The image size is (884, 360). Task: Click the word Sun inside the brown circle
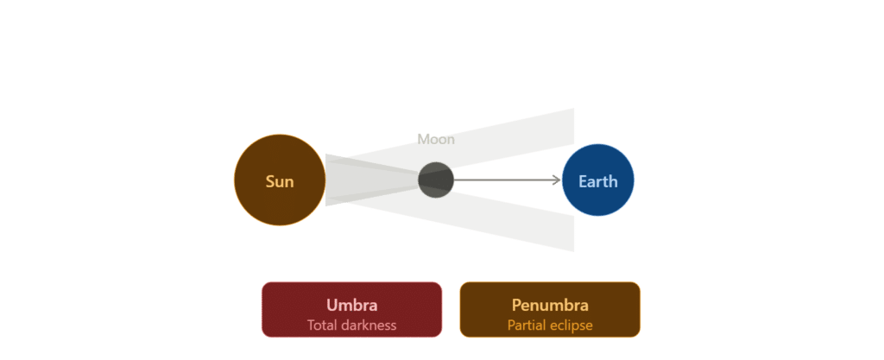coord(280,182)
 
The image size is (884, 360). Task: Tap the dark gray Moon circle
coord(436,180)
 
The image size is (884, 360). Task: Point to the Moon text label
coord(436,139)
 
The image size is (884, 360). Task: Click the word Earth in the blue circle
coord(598,181)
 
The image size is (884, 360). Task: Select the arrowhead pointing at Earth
coord(557,180)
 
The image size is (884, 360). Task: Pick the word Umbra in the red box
coord(352,305)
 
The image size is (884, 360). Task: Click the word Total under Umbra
coord(321,325)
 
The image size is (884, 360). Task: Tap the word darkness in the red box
coord(368,325)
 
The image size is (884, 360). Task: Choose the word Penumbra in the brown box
coord(550,305)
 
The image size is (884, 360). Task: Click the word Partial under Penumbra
coord(527,325)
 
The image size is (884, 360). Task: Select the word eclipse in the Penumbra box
coord(571,325)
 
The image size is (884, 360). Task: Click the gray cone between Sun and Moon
coord(366,180)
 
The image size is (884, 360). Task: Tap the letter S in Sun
coord(270,182)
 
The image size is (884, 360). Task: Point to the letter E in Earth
coord(583,181)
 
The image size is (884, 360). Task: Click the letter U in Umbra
coord(332,305)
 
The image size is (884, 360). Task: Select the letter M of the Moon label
coord(423,139)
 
